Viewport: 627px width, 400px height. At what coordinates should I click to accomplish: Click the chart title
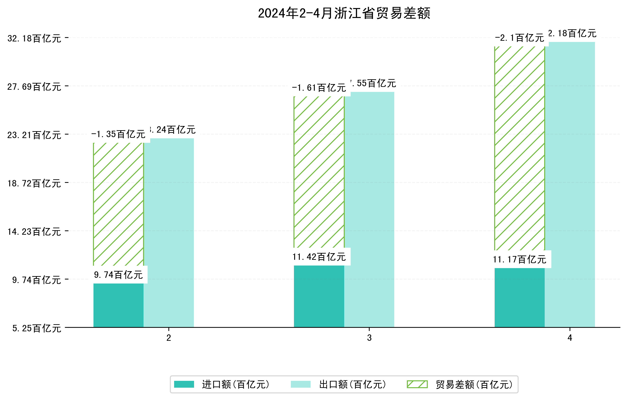click(x=344, y=13)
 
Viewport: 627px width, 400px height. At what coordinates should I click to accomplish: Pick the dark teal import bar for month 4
click(x=519, y=297)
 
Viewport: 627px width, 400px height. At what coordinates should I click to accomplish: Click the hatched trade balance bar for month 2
click(x=118, y=204)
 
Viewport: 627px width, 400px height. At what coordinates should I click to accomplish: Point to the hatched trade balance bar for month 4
click(x=519, y=148)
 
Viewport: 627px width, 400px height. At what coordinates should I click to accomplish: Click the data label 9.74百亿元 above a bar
click(x=118, y=275)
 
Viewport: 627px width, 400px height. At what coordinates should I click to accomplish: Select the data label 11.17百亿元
click(x=519, y=259)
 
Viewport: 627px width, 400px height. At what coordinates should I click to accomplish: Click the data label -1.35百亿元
click(x=118, y=134)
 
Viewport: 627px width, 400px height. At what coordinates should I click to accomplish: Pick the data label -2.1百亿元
click(x=519, y=38)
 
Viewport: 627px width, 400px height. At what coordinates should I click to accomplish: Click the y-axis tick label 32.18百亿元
click(x=34, y=38)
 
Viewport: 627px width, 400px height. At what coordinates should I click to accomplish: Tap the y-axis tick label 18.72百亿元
click(x=34, y=184)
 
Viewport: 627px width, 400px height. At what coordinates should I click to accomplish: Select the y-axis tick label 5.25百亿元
click(x=37, y=328)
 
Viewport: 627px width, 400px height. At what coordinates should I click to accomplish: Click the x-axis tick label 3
click(x=369, y=338)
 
